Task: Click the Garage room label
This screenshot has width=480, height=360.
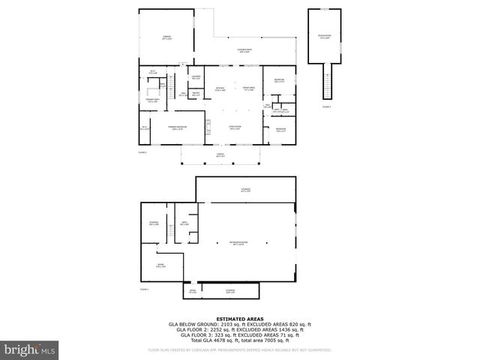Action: [166, 36]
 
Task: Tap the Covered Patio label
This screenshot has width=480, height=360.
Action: [244, 51]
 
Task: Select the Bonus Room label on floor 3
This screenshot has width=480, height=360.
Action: [324, 35]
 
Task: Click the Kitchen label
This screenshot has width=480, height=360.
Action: [220, 88]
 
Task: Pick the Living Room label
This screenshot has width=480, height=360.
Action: [235, 127]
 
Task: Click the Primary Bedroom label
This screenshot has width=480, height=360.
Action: [178, 127]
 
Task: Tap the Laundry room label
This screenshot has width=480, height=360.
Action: [195, 77]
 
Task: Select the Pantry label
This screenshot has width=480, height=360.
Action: [195, 93]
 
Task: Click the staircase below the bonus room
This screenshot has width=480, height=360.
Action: [326, 81]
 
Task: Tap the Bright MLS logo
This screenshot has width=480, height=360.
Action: [30, 349]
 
